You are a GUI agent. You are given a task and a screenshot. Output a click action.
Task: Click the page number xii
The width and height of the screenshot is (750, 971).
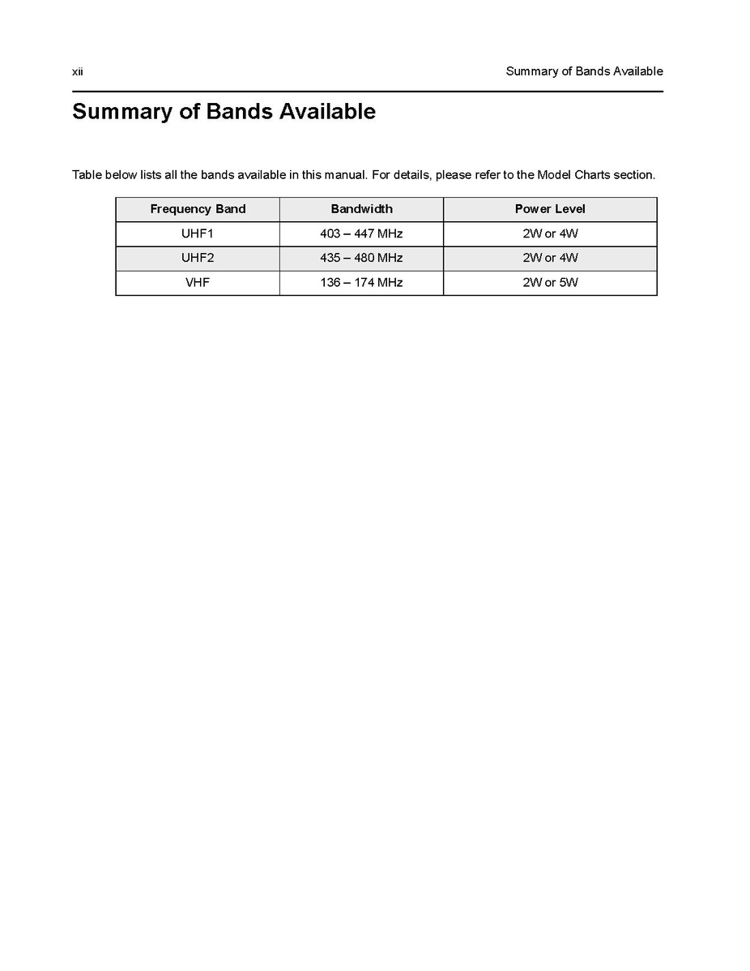click(77, 71)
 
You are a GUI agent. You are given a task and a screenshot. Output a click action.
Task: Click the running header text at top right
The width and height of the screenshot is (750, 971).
click(584, 71)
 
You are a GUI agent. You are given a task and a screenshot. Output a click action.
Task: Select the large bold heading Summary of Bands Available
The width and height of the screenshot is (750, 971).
click(224, 111)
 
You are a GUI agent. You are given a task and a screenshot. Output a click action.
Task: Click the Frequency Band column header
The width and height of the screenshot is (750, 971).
click(198, 209)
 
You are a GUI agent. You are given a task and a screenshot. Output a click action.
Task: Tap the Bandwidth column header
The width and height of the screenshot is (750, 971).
click(361, 209)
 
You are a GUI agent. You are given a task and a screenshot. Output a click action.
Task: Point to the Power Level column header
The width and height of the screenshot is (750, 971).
click(550, 209)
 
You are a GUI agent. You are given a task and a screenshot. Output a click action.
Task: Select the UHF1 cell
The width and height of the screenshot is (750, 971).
click(198, 234)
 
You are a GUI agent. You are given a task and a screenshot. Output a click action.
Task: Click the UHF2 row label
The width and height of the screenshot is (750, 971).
click(198, 258)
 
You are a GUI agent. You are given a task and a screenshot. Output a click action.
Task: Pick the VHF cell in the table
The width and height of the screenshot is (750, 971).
click(198, 283)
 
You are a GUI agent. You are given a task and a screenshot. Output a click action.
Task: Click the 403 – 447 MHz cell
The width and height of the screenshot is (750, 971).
click(361, 234)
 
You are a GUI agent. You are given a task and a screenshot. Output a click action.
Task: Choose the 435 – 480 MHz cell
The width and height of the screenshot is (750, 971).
click(361, 258)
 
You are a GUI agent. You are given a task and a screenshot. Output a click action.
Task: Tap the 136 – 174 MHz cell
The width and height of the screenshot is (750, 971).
click(361, 283)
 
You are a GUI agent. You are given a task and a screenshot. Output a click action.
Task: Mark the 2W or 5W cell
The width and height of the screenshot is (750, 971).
click(550, 283)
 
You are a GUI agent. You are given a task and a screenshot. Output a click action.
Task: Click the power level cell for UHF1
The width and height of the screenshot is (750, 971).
click(550, 234)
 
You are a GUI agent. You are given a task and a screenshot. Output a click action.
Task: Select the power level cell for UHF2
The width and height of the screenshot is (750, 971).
click(550, 258)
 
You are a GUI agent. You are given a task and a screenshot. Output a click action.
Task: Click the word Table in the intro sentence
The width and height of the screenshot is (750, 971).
click(86, 175)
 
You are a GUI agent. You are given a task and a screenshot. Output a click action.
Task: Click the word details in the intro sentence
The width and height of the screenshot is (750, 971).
click(411, 175)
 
